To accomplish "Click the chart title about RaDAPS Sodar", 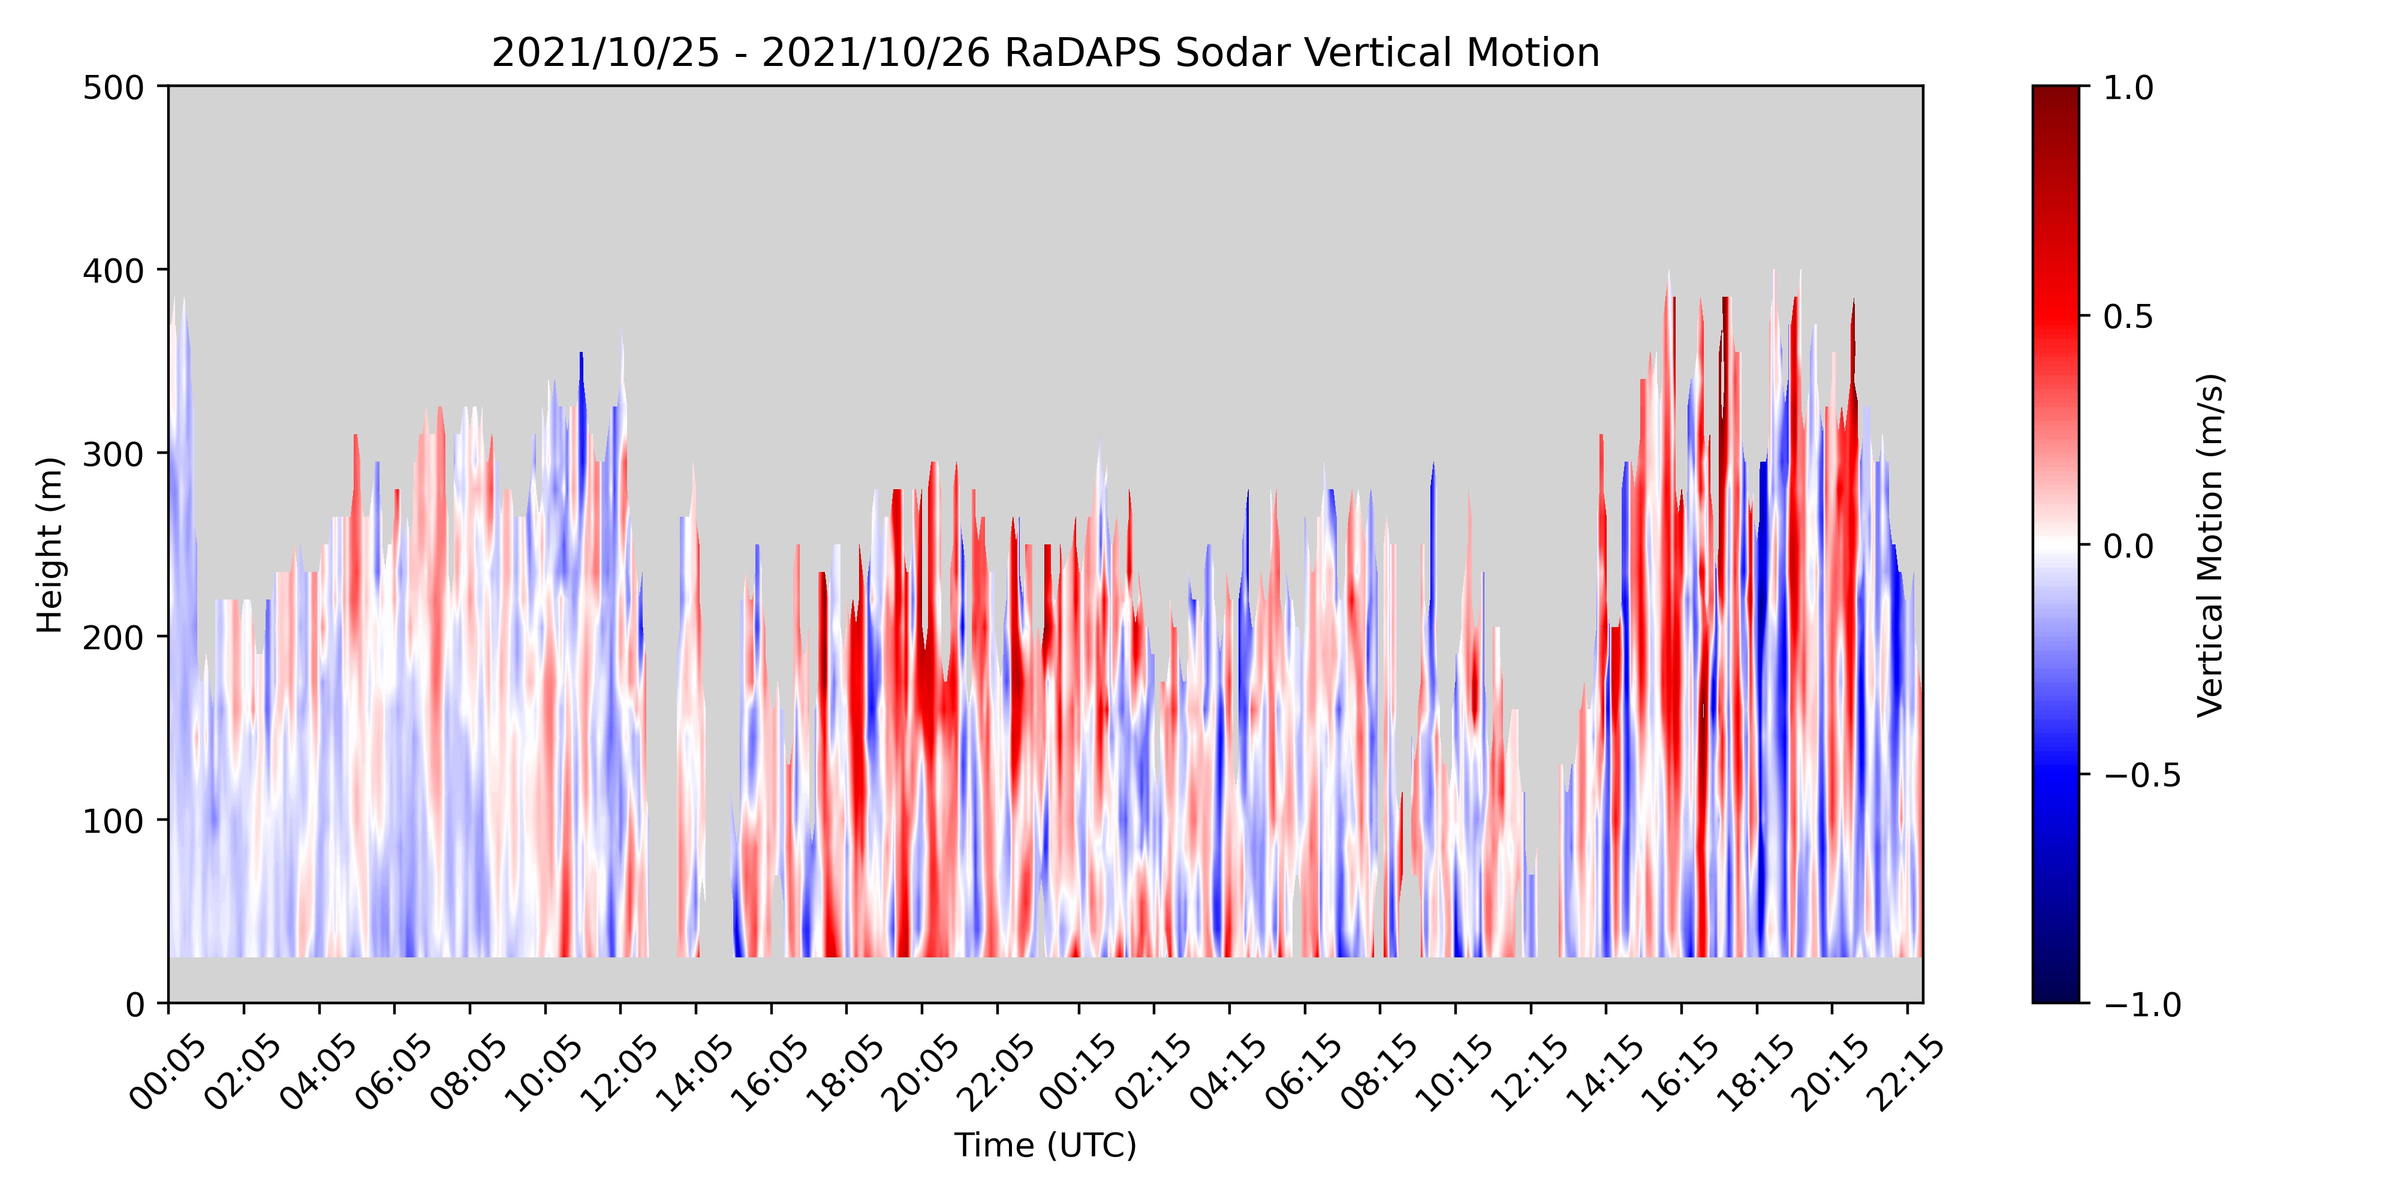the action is (x=1046, y=53).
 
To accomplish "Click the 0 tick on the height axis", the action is (x=136, y=1004).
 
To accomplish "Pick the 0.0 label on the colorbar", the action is (x=2128, y=546).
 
